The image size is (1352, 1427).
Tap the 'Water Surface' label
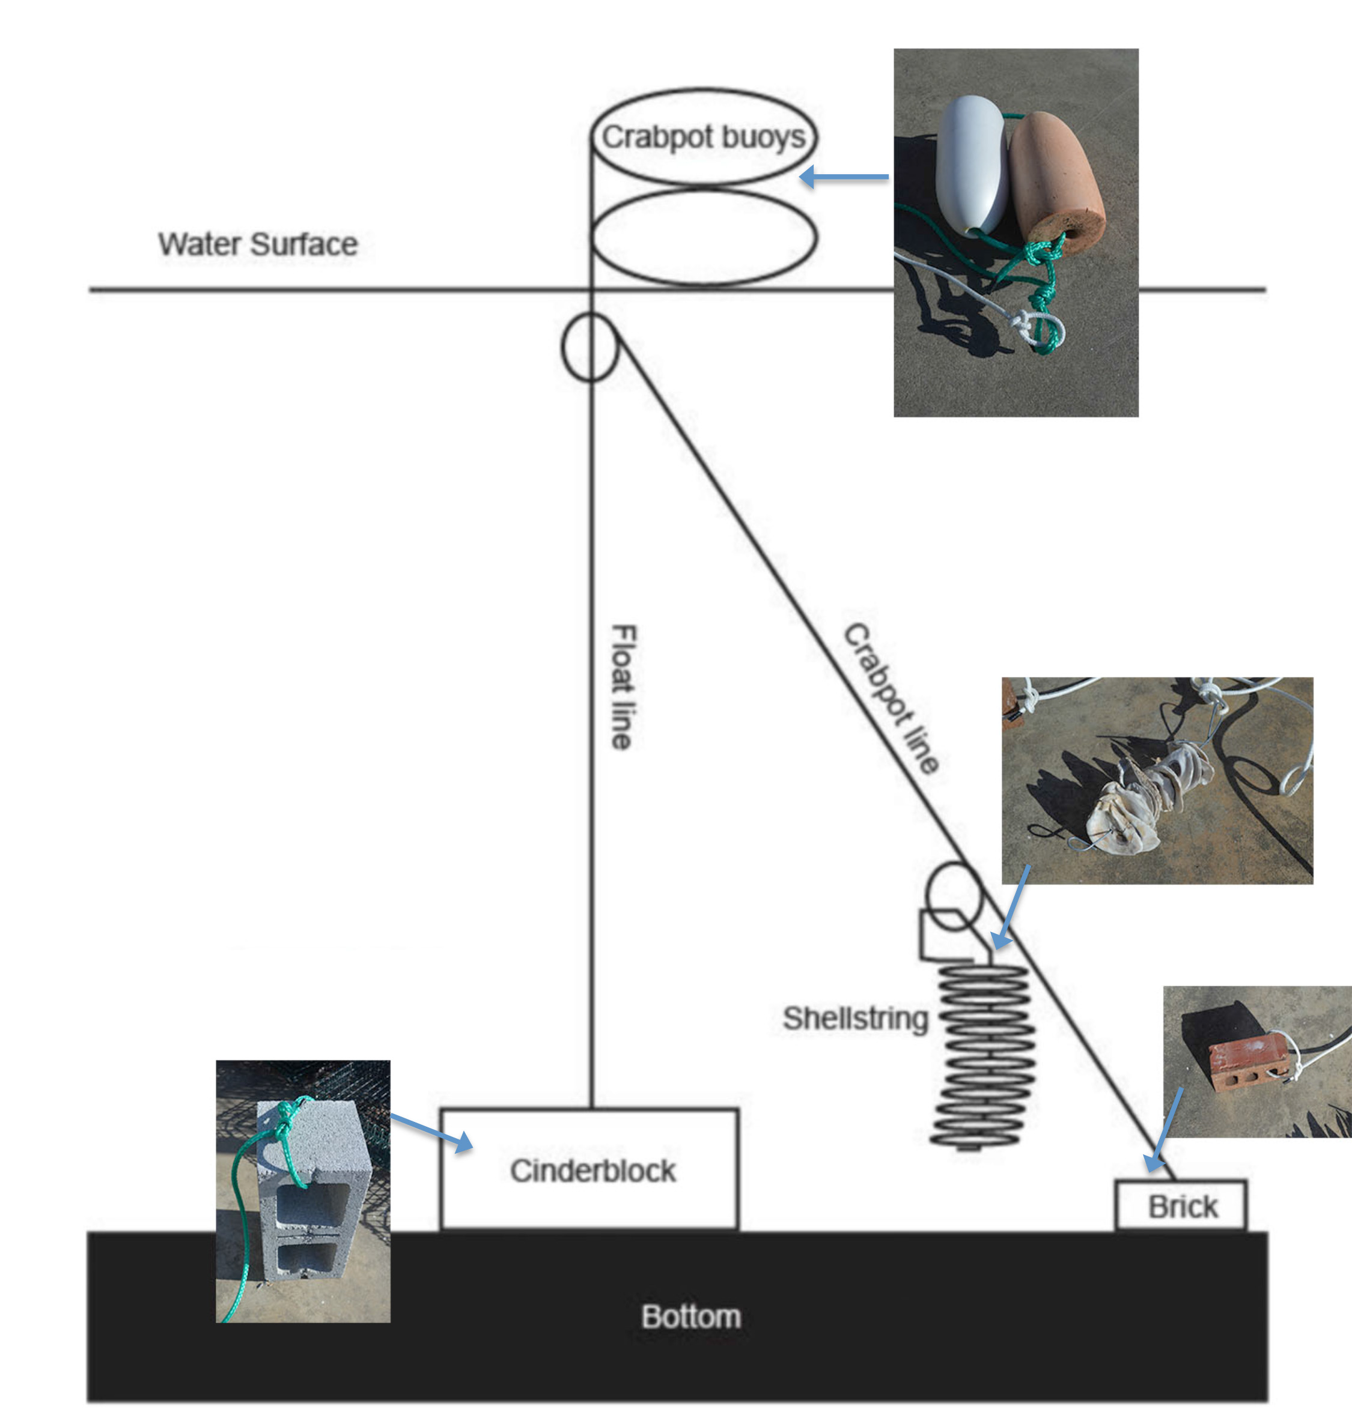(x=257, y=244)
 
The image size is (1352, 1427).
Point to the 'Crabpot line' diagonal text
(x=892, y=698)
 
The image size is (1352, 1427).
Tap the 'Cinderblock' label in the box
(x=592, y=1171)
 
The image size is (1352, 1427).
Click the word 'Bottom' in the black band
(x=690, y=1316)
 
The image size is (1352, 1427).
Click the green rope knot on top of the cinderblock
(x=285, y=1117)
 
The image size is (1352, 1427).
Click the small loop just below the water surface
(x=589, y=347)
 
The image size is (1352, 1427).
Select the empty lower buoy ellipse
(x=704, y=237)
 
